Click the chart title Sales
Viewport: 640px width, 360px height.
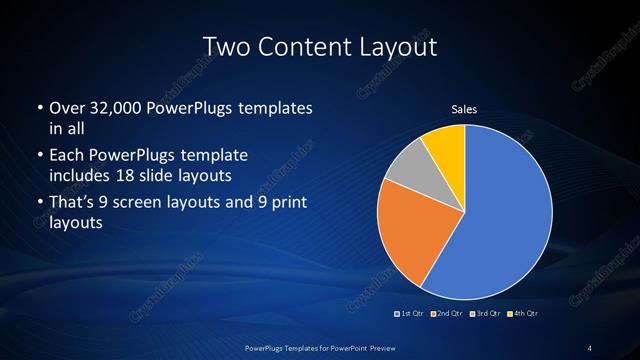pyautogui.click(x=464, y=109)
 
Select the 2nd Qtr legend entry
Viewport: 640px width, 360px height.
pyautogui.click(x=448, y=314)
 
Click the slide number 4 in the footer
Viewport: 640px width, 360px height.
pyautogui.click(x=590, y=347)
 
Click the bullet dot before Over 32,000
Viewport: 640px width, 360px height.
pyautogui.click(x=38, y=108)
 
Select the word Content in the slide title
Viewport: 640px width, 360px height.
pyautogui.click(x=308, y=46)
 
